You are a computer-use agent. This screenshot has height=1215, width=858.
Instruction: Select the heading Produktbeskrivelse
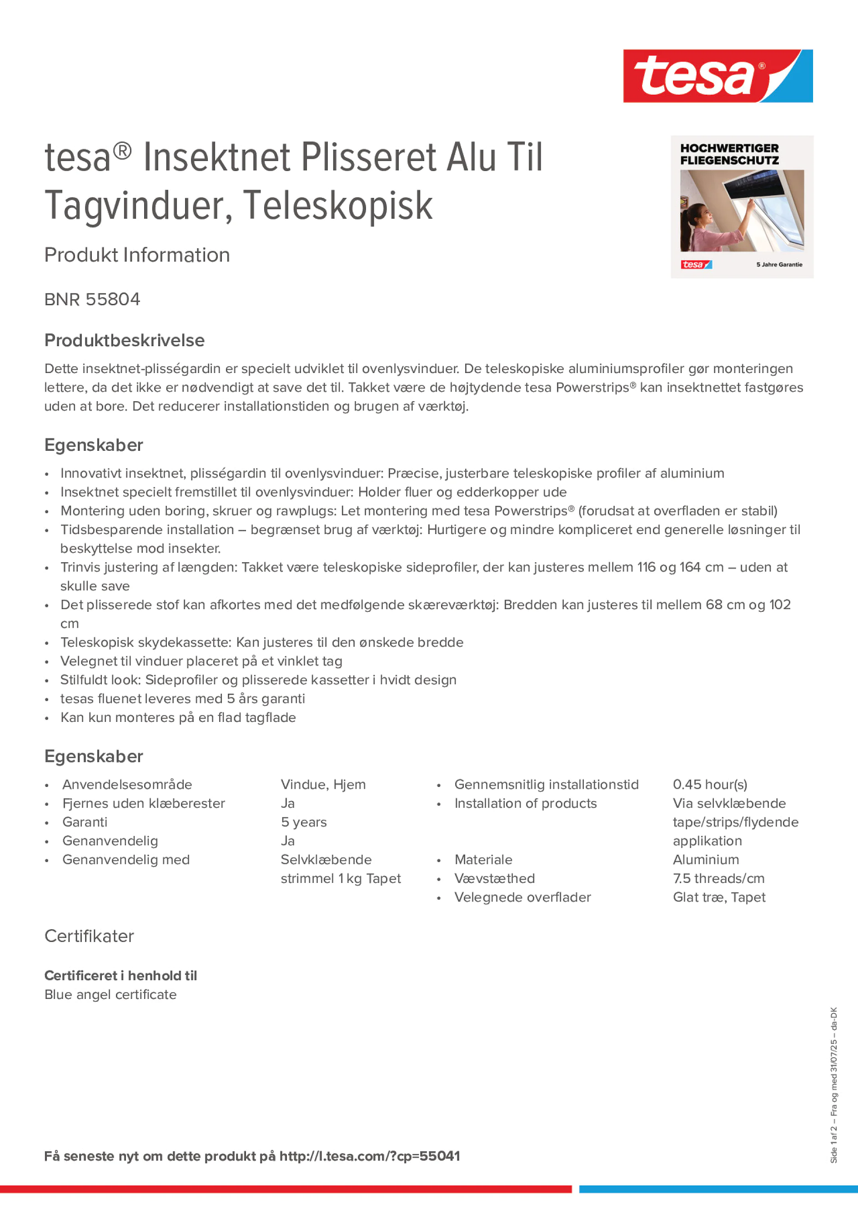tap(124, 340)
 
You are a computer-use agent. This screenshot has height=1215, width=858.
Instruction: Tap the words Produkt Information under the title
tap(137, 255)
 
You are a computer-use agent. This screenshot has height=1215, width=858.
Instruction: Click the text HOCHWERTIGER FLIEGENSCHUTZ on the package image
tap(729, 154)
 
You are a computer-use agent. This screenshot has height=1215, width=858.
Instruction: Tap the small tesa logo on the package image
tap(696, 265)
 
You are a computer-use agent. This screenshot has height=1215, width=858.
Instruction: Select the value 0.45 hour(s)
tap(709, 784)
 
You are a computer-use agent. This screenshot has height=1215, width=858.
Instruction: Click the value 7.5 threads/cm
tap(718, 878)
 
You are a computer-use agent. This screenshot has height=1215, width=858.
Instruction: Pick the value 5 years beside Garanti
tap(304, 822)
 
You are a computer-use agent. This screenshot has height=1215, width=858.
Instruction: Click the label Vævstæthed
tap(494, 878)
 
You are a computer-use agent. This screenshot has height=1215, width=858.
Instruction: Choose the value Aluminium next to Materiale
tap(706, 859)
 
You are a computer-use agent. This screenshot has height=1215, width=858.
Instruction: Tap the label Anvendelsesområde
tap(127, 784)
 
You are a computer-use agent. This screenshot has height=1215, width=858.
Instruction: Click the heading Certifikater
tap(89, 936)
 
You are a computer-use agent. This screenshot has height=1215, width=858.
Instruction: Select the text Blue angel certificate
tap(110, 994)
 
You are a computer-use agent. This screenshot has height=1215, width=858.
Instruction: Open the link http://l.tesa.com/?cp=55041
tap(369, 1156)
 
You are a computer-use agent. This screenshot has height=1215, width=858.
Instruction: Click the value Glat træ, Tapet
tap(719, 897)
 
